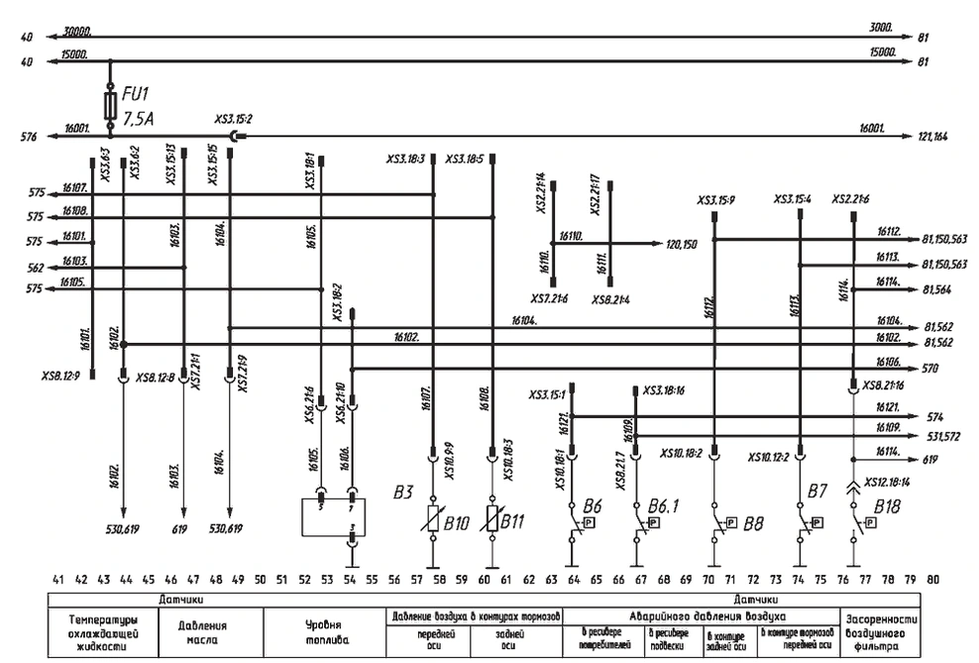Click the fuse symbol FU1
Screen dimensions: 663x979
(x=109, y=105)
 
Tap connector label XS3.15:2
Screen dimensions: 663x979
(x=234, y=119)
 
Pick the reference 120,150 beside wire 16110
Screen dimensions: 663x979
(x=682, y=242)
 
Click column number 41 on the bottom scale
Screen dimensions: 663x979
(x=59, y=578)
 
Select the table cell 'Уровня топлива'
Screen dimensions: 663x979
(x=323, y=631)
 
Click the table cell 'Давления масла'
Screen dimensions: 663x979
(x=203, y=631)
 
